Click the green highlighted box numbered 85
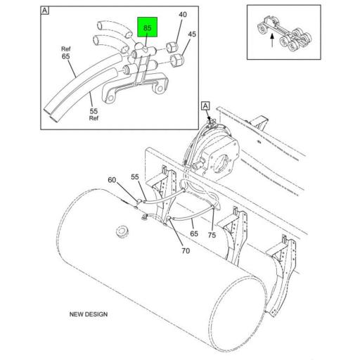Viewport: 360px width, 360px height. tap(148, 29)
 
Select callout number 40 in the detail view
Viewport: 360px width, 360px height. tap(183, 15)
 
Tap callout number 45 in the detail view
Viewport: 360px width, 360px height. tap(193, 33)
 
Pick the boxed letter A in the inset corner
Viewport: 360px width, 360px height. tap(45, 11)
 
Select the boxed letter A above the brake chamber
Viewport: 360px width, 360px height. tap(206, 105)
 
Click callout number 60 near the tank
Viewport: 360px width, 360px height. tap(112, 181)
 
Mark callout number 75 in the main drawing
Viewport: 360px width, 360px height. tap(210, 236)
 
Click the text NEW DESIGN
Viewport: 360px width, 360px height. tap(88, 314)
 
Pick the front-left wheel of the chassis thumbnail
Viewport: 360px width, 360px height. tap(263, 28)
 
